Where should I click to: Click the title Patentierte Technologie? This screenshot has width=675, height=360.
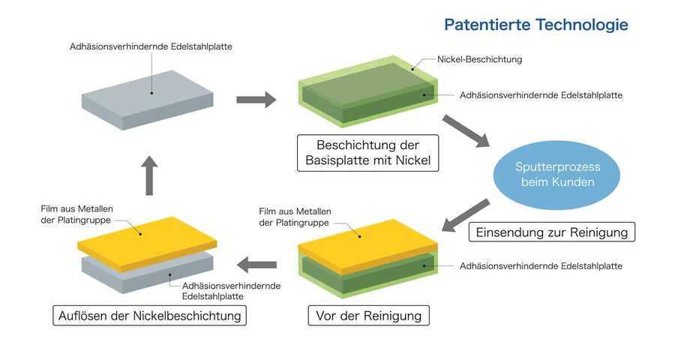535,25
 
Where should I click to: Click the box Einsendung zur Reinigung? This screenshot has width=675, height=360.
551,232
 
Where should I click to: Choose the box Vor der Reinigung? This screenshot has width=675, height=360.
369,316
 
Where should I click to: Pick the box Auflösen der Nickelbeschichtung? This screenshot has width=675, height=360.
149,316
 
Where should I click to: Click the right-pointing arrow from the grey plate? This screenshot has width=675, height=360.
256,100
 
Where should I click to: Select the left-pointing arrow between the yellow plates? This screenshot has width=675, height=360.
257,263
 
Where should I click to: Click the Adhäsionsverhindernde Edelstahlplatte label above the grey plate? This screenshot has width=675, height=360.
151,46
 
